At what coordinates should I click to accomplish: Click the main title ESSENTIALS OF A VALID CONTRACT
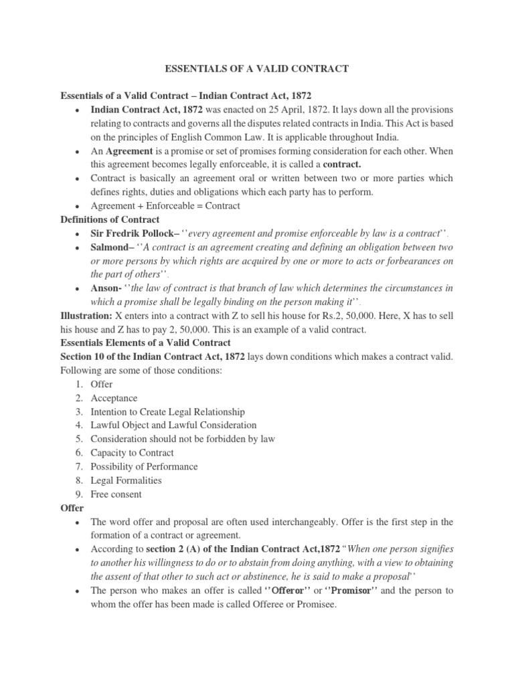256,68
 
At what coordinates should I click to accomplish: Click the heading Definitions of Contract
110,219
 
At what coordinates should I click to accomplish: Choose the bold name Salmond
110,247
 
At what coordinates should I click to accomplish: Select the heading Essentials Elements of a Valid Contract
145,342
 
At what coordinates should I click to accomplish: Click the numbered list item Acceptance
114,398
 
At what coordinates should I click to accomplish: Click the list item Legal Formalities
126,480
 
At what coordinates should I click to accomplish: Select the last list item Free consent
116,494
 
